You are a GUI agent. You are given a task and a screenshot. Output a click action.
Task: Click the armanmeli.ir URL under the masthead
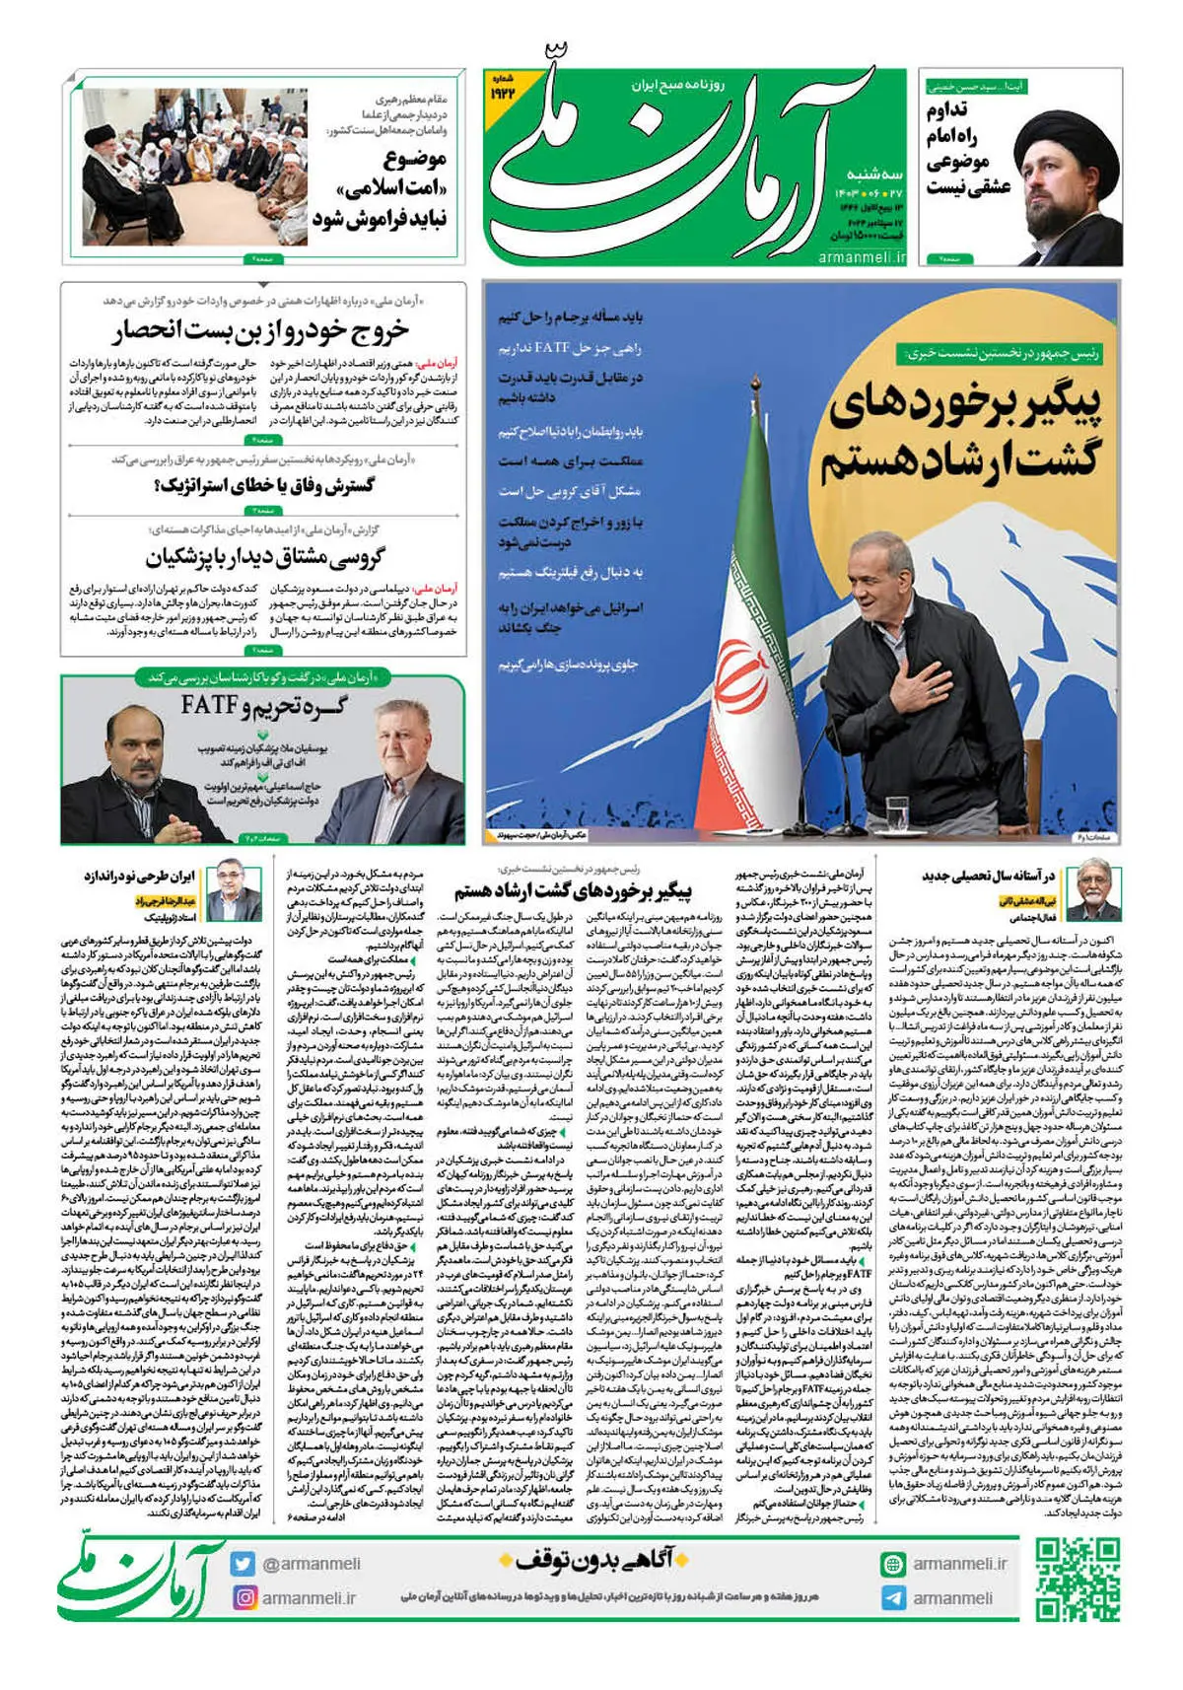pos(862,257)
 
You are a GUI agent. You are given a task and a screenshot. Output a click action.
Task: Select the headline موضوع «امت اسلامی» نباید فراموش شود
pos(380,188)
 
